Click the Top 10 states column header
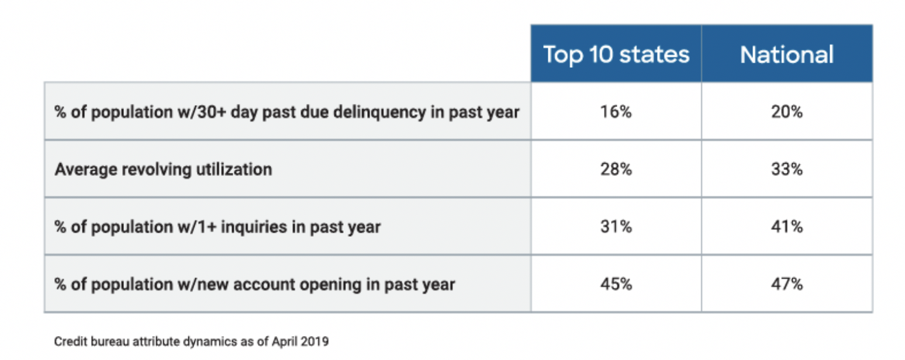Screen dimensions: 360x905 tap(616, 54)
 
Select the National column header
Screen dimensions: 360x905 tap(786, 54)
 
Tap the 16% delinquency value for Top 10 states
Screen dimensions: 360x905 tap(616, 112)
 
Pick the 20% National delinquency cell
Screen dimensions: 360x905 tap(786, 112)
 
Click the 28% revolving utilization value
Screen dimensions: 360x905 tap(616, 169)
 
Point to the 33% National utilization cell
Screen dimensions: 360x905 tap(786, 169)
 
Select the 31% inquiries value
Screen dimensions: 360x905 tap(616, 227)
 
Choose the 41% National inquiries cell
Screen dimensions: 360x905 tap(786, 227)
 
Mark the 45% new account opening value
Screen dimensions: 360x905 tap(616, 284)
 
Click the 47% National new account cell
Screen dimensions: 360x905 tap(786, 284)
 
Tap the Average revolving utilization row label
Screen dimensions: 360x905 tap(163, 169)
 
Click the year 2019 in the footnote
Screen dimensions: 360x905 tap(316, 342)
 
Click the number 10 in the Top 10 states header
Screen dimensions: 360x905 tap(596, 54)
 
